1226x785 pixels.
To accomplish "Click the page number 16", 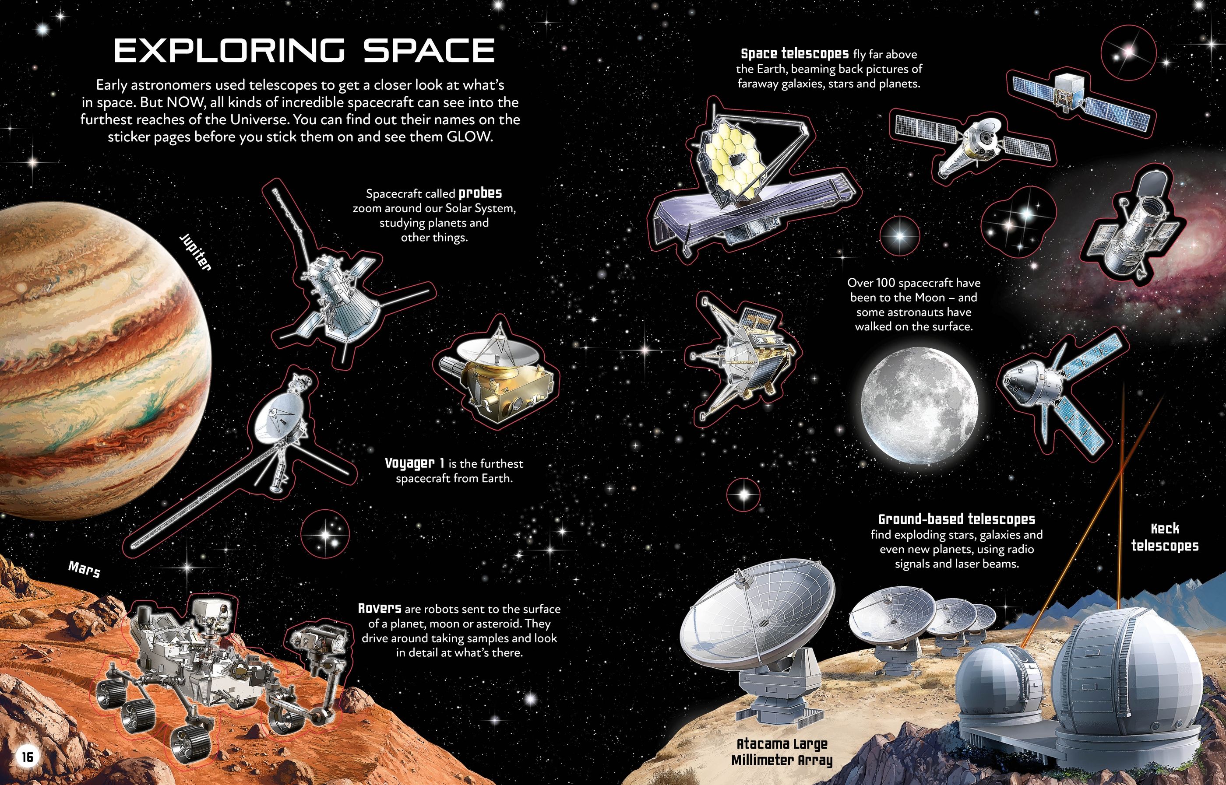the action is pos(27,757).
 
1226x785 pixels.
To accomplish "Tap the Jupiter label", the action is pos(195,253).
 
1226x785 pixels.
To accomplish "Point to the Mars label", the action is pos(84,569).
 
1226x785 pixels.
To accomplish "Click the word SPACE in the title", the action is pos(429,50).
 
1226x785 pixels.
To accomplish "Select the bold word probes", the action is pos(480,194).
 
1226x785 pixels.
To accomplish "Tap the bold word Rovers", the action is pos(380,608).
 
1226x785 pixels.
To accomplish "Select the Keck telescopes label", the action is pos(1165,537).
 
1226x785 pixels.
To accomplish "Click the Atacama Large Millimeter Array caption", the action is pos(782,752).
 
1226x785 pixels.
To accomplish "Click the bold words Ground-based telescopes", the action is pos(957,519).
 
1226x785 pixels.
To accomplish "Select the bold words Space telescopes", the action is pos(795,53).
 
